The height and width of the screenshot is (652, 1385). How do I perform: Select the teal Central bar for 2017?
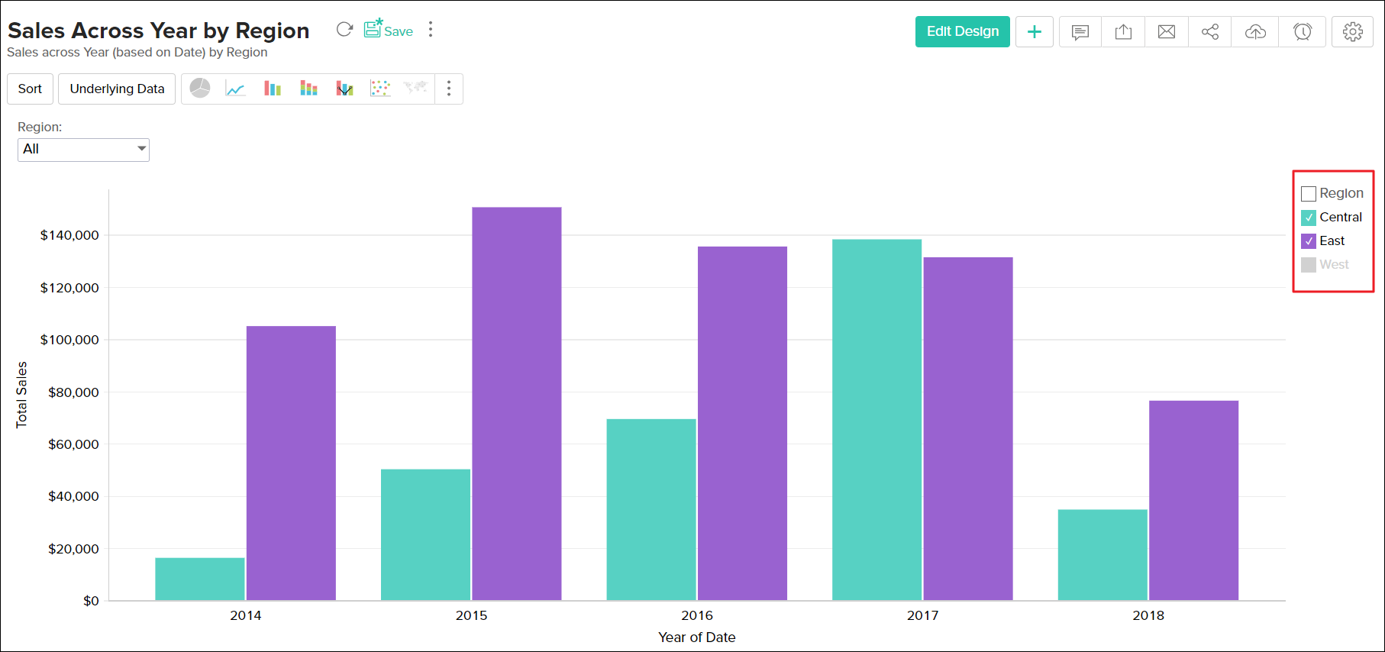click(877, 420)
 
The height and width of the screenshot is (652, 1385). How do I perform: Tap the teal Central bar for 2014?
click(200, 579)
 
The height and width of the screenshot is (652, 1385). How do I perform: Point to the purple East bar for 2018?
click(1193, 500)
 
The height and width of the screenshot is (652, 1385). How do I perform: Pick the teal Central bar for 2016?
click(651, 509)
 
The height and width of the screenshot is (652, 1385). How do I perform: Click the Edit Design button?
click(962, 31)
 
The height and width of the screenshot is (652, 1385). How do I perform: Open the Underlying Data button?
click(117, 89)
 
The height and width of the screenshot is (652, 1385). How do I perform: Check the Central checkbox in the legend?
click(1309, 218)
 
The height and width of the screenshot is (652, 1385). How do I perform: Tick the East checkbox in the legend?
click(1309, 241)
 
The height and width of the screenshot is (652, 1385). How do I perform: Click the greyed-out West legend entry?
click(1333, 265)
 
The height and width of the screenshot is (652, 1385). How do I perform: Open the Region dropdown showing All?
click(83, 149)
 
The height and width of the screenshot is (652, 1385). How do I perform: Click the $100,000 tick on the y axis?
click(69, 340)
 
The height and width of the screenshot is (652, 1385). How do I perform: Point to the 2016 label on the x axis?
click(697, 615)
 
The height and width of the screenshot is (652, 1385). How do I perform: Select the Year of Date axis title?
click(696, 637)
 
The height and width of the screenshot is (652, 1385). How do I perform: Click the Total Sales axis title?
click(21, 394)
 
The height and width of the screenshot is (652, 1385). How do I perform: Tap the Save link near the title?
click(389, 31)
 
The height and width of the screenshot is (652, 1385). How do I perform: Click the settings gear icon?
click(1352, 31)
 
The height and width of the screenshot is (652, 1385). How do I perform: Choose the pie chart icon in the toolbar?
click(200, 89)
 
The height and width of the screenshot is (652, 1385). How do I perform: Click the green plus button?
click(1035, 31)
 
